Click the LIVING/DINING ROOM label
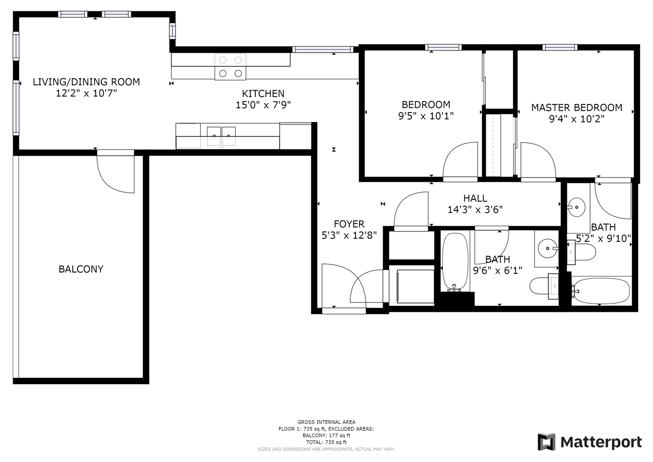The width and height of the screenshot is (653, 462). click(86, 82)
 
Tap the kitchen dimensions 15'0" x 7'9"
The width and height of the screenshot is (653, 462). click(263, 105)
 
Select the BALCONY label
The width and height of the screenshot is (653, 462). click(81, 269)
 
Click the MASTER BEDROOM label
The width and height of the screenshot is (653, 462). click(576, 108)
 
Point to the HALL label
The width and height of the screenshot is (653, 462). click(475, 198)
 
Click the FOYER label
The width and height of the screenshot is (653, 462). click(349, 224)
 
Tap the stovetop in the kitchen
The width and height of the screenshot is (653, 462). click(230, 67)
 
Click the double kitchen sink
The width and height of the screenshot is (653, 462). click(221, 136)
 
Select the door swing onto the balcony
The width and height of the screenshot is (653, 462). click(115, 174)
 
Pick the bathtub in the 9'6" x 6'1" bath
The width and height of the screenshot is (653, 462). click(455, 262)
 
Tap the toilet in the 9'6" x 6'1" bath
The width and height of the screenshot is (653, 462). click(544, 286)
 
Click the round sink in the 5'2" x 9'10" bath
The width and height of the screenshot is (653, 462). click(576, 207)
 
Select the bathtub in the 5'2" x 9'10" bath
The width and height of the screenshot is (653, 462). click(601, 291)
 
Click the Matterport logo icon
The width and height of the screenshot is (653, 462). click(546, 442)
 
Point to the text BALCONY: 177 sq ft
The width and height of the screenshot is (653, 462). click(326, 435)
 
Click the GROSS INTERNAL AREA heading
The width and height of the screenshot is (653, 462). click(326, 422)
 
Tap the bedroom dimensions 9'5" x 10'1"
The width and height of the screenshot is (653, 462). click(426, 116)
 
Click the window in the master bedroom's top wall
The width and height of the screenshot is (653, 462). click(560, 47)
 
